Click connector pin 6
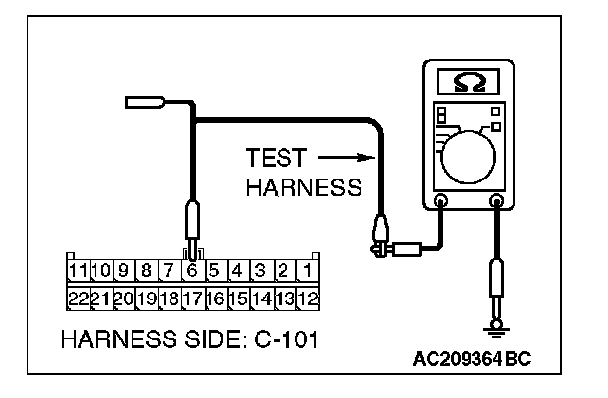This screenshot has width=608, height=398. pyautogui.click(x=192, y=269)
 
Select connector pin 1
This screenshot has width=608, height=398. pyautogui.click(x=307, y=269)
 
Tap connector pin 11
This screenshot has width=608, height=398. pyautogui.click(x=78, y=269)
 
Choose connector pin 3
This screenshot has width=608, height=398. pyautogui.click(x=261, y=269)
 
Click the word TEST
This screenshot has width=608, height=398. pyautogui.click(x=276, y=158)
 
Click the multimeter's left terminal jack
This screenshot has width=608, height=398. pyautogui.click(x=440, y=203)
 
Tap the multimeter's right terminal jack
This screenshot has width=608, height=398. pyautogui.click(x=497, y=203)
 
